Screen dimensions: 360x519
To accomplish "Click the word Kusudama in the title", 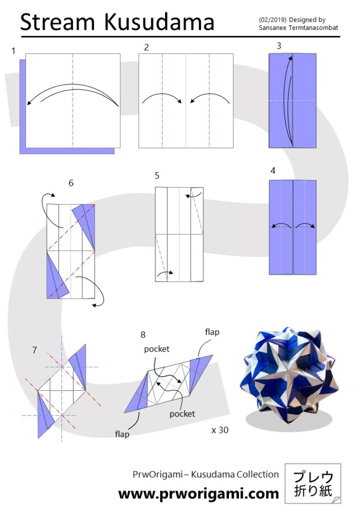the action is point(159,22).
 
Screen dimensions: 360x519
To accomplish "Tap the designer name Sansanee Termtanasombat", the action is point(299,28).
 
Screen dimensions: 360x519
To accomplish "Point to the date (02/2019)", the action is point(273,20).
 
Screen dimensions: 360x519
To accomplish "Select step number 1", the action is point(13,51).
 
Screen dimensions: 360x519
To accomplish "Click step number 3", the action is point(279,46).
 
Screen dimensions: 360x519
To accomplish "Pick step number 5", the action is point(157,176).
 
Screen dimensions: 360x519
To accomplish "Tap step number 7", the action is point(35,350).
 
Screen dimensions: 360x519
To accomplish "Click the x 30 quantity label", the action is point(220,430).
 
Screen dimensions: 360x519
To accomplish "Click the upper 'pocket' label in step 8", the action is point(156,349).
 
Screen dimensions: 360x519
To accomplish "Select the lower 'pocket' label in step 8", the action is point(182,414).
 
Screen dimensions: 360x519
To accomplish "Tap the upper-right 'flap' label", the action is point(212,331).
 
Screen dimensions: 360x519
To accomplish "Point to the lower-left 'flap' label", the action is point(122,434).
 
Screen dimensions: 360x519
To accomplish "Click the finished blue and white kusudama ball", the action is point(289,375).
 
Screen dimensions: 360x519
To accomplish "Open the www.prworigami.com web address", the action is point(199,494).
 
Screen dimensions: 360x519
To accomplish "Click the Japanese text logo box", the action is point(313,484).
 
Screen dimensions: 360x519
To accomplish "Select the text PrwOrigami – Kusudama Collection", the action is point(206,474).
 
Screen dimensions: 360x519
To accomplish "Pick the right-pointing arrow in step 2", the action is point(162,98).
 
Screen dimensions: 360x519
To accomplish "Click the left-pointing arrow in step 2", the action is point(210,98).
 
